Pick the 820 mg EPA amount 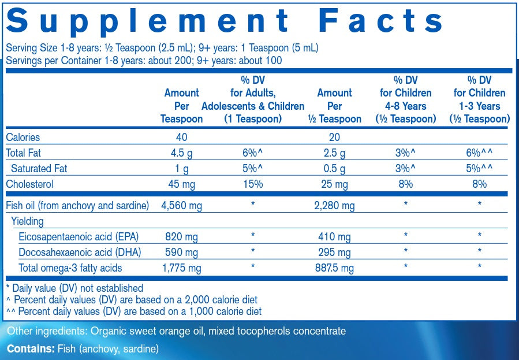click(181, 237)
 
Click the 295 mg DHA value click(334, 253)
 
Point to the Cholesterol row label click(29, 184)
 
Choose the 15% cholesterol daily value click(253, 184)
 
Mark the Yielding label click(27, 221)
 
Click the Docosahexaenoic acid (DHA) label click(80, 253)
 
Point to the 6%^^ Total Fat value click(479, 153)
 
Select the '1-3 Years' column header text click(479, 106)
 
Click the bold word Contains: click(31, 349)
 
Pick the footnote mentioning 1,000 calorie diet click(133, 311)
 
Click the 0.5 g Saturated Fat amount click(334, 169)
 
